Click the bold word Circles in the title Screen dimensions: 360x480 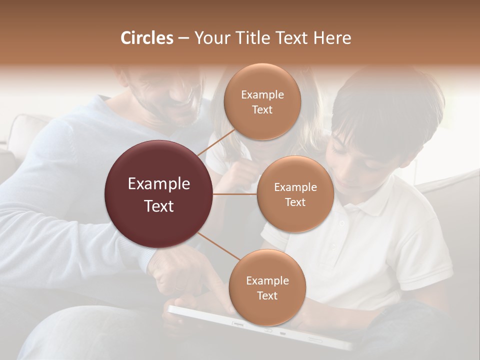pos(147,38)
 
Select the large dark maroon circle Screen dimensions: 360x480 pos(159,194)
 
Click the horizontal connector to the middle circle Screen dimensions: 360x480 pos(235,194)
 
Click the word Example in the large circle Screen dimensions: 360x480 pos(159,184)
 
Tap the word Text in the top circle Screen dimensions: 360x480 pos(262,110)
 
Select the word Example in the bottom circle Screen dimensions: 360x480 pos(267,281)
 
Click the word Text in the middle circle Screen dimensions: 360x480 pos(295,202)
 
